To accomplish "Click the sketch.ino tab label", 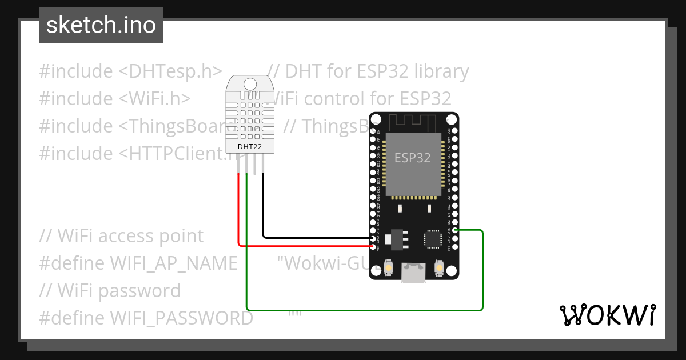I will click(101, 25).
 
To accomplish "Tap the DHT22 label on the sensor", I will click(250, 147).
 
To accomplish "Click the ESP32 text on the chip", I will click(413, 158).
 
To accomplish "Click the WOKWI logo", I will click(607, 315).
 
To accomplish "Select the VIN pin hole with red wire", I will click(373, 246).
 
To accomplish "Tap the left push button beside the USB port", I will click(389, 268).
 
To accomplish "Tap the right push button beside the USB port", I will click(440, 268).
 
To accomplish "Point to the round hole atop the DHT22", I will click(250, 84).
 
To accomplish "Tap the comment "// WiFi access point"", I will click(121, 236).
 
